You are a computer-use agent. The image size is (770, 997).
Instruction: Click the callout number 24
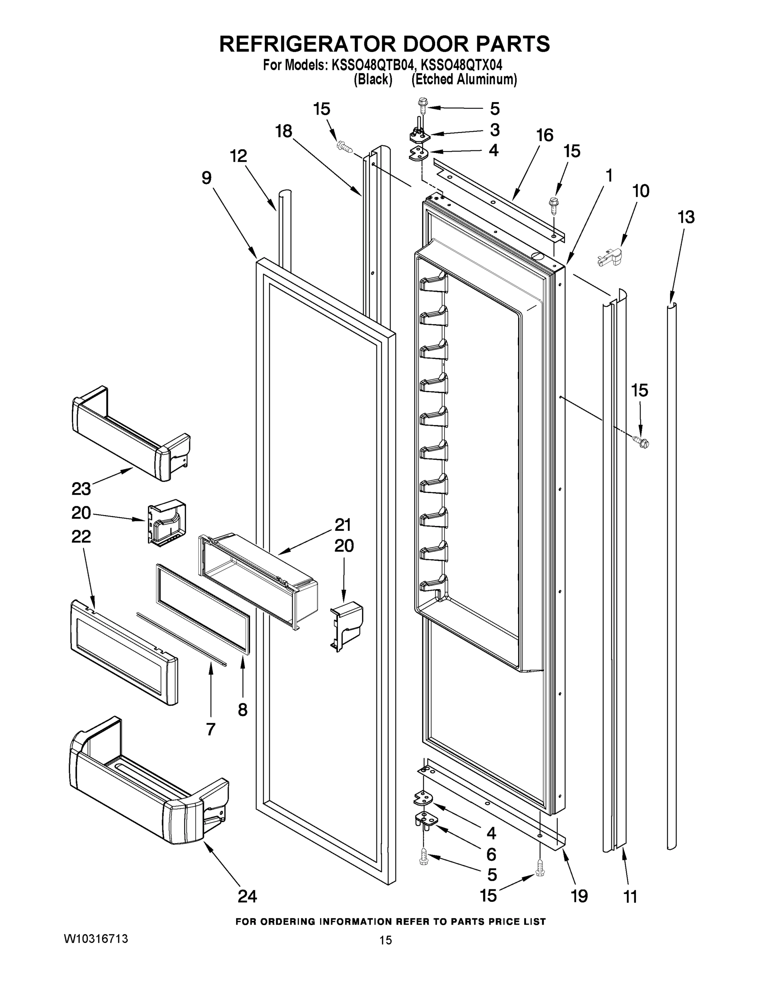(x=247, y=896)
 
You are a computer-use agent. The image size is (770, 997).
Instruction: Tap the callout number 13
(x=686, y=217)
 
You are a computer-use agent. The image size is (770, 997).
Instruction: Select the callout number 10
(x=640, y=191)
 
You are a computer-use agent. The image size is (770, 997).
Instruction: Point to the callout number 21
(x=342, y=525)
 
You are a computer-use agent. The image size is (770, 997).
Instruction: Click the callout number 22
(x=81, y=536)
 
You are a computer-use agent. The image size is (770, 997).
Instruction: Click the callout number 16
(x=544, y=135)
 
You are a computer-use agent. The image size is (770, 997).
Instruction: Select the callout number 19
(x=579, y=896)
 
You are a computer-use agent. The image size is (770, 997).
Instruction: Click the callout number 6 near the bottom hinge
(x=491, y=854)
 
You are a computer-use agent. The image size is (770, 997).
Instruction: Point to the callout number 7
(x=210, y=729)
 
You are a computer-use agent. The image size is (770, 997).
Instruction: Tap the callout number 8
(x=242, y=710)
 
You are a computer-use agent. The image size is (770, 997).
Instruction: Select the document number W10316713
(x=96, y=939)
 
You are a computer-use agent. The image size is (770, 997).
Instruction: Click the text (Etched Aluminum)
(x=464, y=79)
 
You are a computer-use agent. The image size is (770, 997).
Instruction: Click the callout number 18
(x=283, y=131)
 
